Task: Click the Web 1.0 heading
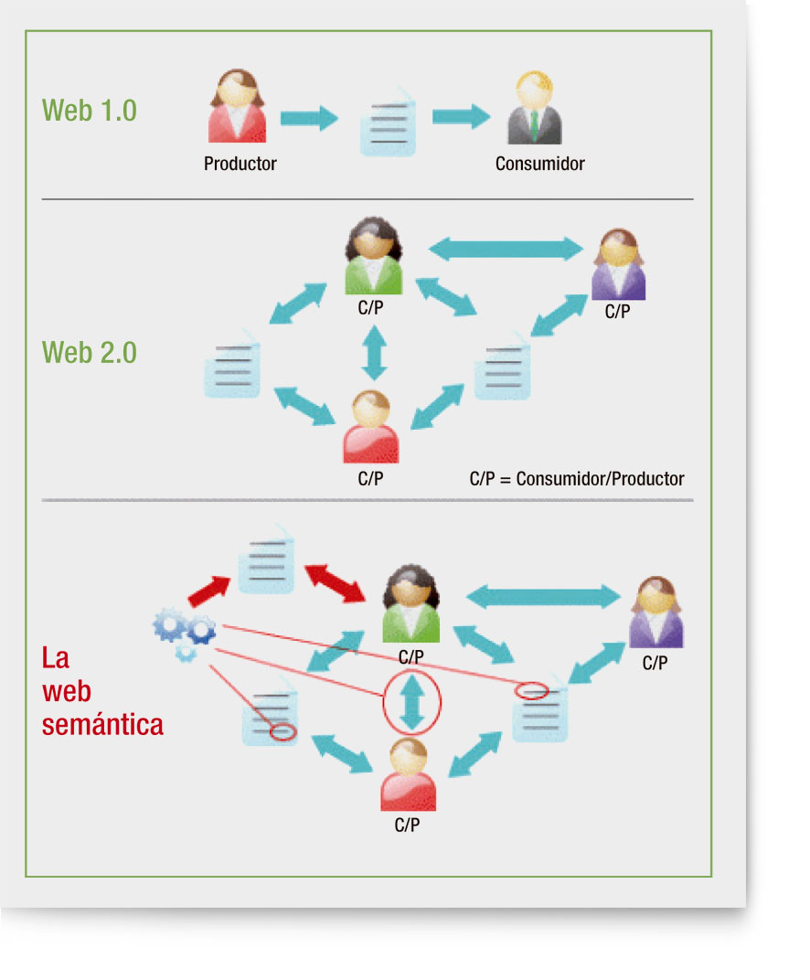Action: click(x=90, y=111)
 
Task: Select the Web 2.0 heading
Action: click(x=90, y=352)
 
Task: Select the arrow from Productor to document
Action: click(x=308, y=118)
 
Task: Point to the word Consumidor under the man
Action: click(x=539, y=165)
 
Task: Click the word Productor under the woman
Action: click(x=240, y=165)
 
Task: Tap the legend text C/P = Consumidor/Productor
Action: click(x=576, y=478)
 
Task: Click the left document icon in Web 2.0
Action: click(x=232, y=368)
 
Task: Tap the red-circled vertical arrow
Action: click(x=413, y=702)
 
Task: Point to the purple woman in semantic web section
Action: click(x=655, y=613)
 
